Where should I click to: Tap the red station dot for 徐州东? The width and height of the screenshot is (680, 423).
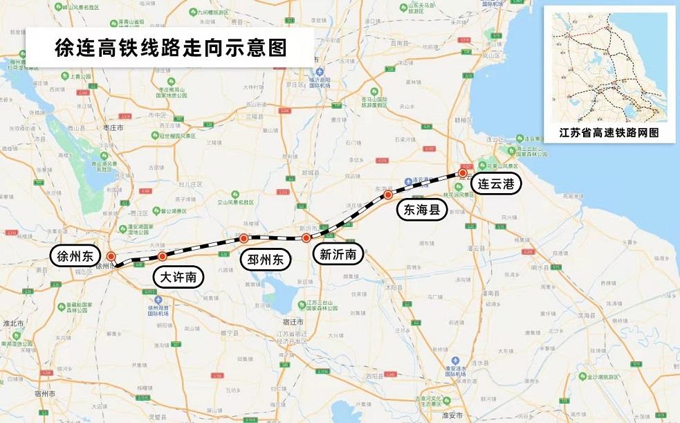[111, 255]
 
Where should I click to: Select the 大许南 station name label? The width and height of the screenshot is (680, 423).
[178, 278]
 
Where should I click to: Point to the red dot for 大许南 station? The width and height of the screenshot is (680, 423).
[163, 256]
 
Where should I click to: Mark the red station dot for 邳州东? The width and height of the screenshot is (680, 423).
[244, 238]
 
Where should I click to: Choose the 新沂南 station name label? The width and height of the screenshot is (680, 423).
[338, 254]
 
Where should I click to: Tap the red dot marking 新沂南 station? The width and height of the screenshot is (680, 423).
[306, 238]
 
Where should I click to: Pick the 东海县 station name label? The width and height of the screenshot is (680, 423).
[422, 210]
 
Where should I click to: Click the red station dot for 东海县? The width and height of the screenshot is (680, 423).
[389, 195]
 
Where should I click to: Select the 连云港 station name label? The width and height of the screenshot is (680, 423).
[496, 184]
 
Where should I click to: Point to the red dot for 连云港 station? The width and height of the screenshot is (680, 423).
[462, 174]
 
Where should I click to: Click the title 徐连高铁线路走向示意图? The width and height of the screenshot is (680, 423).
[170, 47]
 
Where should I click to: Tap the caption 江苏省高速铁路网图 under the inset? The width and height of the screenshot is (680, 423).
[609, 132]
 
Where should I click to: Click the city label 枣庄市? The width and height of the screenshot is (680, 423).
[111, 128]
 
